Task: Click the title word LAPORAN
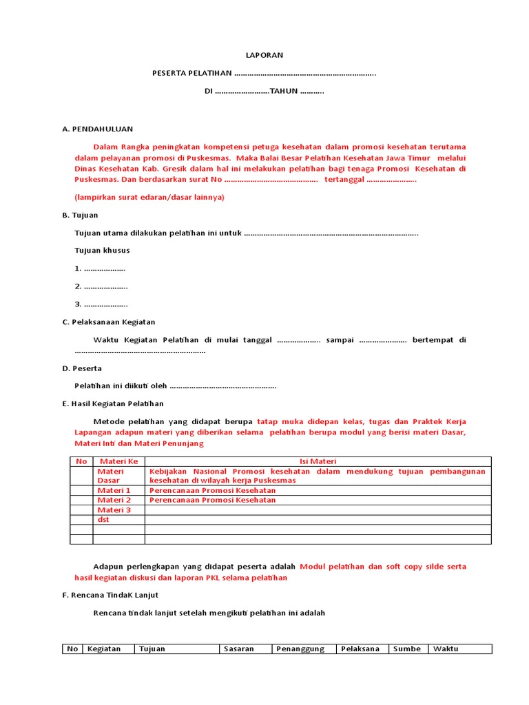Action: [264, 55]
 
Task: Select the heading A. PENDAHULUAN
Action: [97, 129]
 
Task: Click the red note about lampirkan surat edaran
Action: [149, 197]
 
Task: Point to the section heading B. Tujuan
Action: [80, 215]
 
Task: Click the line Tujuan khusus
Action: [102, 251]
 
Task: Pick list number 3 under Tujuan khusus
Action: [101, 304]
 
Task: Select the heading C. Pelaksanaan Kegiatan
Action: [108, 322]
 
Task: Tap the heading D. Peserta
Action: [82, 368]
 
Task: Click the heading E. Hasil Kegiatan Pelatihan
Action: [113, 404]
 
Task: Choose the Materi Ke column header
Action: [118, 461]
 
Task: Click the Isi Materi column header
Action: [317, 461]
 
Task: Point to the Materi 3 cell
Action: [114, 510]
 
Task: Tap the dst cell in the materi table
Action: [103, 520]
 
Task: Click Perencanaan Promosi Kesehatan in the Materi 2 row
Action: [212, 500]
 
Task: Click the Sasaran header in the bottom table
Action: [239, 649]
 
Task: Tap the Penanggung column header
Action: [300, 649]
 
